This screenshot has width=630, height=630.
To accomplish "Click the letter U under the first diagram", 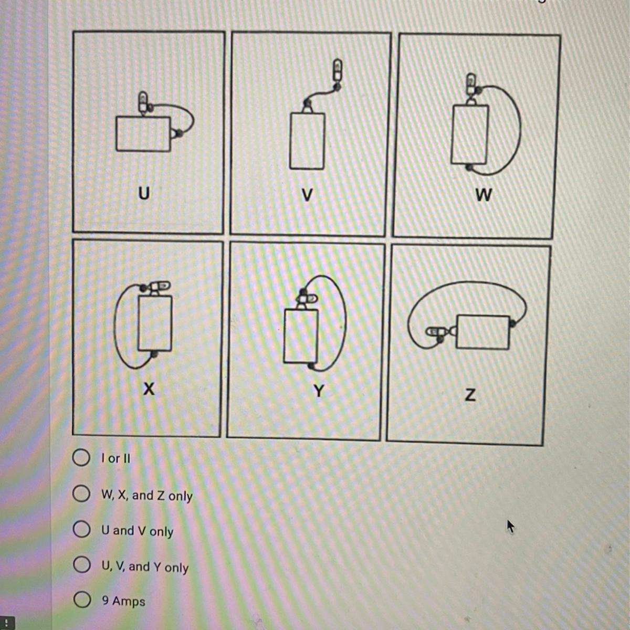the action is [144, 193].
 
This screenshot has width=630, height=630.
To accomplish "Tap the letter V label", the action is [307, 195].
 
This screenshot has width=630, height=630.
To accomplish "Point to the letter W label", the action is [484, 195].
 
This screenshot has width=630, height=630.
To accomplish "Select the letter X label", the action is [149, 389].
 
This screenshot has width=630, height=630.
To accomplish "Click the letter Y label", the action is [319, 391].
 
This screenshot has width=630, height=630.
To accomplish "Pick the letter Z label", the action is [470, 395].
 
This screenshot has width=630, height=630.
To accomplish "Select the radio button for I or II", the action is [81, 457].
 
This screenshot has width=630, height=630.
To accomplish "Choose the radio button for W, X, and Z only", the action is [81, 493].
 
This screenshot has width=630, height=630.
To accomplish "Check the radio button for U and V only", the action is [81, 529].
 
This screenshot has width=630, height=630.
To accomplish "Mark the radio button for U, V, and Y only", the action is [82, 564].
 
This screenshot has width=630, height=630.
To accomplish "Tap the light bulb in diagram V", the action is [338, 70].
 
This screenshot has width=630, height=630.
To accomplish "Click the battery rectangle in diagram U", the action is [143, 134].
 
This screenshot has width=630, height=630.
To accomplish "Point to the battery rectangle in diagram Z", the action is [483, 332].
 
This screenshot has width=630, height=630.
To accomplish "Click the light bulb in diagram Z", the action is [435, 332].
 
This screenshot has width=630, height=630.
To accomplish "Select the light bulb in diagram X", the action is [160, 287].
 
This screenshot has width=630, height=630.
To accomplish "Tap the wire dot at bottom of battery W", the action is [469, 167].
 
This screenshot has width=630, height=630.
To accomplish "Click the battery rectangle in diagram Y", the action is [301, 336].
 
